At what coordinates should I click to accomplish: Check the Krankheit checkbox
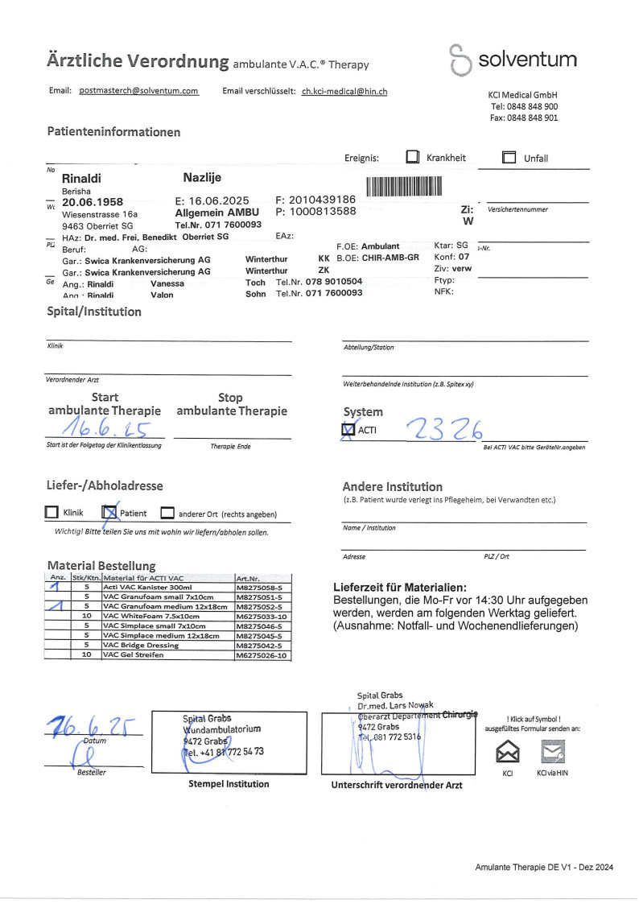tap(413, 158)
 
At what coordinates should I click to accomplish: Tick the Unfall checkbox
tap(509, 158)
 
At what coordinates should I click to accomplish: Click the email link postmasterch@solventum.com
tap(139, 92)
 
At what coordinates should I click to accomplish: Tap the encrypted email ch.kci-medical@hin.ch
tap(344, 92)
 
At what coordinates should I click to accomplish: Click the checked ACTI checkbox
tap(348, 431)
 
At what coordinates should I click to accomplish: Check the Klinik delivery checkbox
tap(52, 512)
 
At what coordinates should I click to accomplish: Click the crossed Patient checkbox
tap(110, 512)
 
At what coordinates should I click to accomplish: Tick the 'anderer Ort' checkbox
tap(167, 513)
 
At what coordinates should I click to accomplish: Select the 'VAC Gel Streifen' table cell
tap(134, 655)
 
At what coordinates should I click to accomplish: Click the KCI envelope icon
tap(508, 752)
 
